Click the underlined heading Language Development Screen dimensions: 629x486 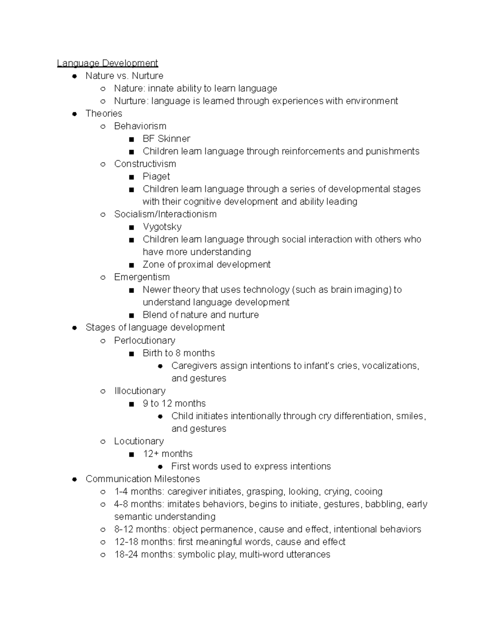tap(107, 63)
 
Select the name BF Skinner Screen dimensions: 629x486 tap(166, 139)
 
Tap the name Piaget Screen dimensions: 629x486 tap(156, 177)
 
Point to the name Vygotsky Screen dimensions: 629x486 tap(162, 227)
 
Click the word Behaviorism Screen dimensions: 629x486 tap(140, 126)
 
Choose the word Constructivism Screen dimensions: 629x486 tap(145, 164)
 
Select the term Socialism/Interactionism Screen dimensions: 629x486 tap(165, 214)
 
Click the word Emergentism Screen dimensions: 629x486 tap(142, 277)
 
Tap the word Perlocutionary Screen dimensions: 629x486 tap(145, 340)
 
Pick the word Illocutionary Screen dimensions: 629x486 tap(140, 391)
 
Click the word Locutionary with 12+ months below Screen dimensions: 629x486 tap(139, 441)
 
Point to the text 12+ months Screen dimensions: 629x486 tap(168, 454)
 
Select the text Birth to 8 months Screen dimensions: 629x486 tap(179, 353)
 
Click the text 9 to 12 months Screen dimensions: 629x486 tap(174, 403)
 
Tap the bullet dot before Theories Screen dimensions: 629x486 tap(74, 114)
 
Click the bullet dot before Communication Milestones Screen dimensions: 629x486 tap(74, 479)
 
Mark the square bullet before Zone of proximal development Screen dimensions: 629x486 tap(131, 265)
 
